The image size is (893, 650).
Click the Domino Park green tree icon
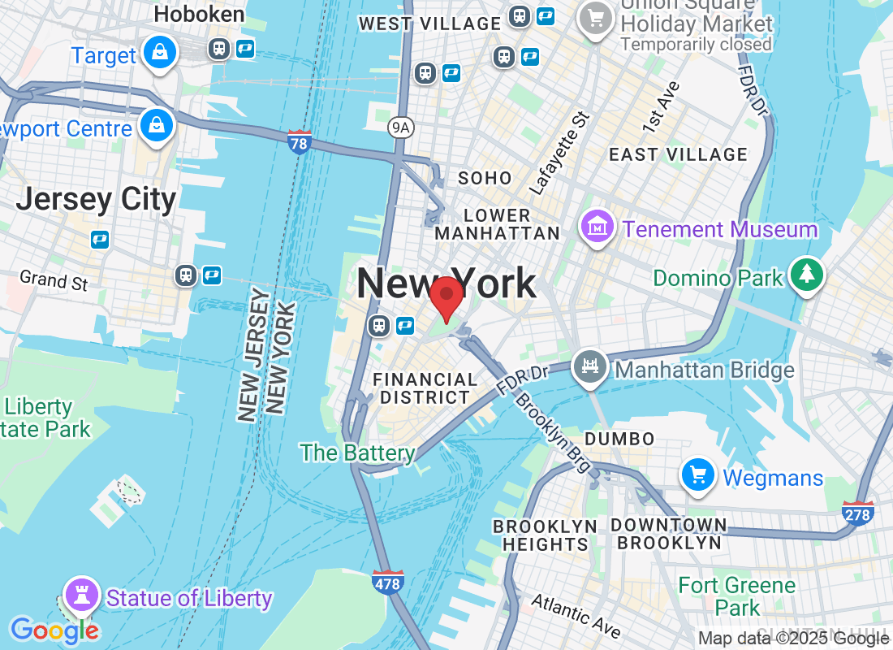[x=806, y=275]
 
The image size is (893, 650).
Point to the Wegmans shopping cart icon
[x=697, y=475]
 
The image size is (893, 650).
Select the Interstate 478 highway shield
[x=388, y=582]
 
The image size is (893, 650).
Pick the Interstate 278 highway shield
[x=858, y=513]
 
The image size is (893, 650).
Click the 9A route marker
[x=399, y=126]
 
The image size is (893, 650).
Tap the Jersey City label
[x=96, y=199]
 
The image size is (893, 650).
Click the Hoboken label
[x=199, y=14]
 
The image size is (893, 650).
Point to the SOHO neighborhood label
[x=485, y=178]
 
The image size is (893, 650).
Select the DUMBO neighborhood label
[x=619, y=439]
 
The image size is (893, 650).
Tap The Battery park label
[x=357, y=453]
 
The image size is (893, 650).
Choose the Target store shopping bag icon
[x=160, y=53]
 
